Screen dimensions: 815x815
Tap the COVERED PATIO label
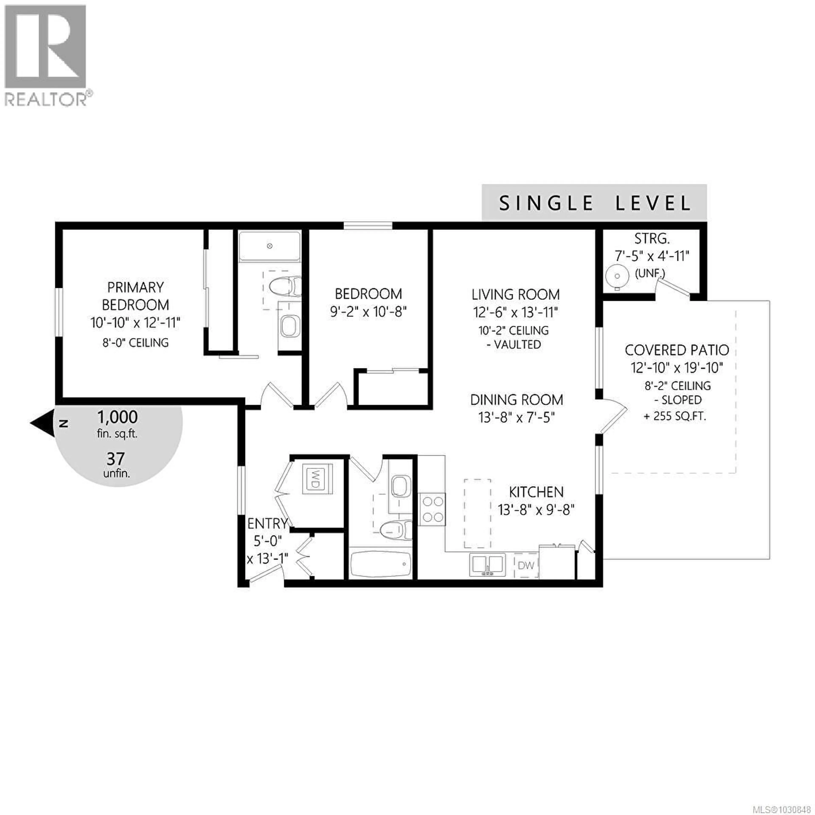tap(677, 350)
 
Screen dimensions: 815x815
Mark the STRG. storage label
tap(652, 239)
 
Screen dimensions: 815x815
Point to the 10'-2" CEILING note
tap(513, 330)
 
